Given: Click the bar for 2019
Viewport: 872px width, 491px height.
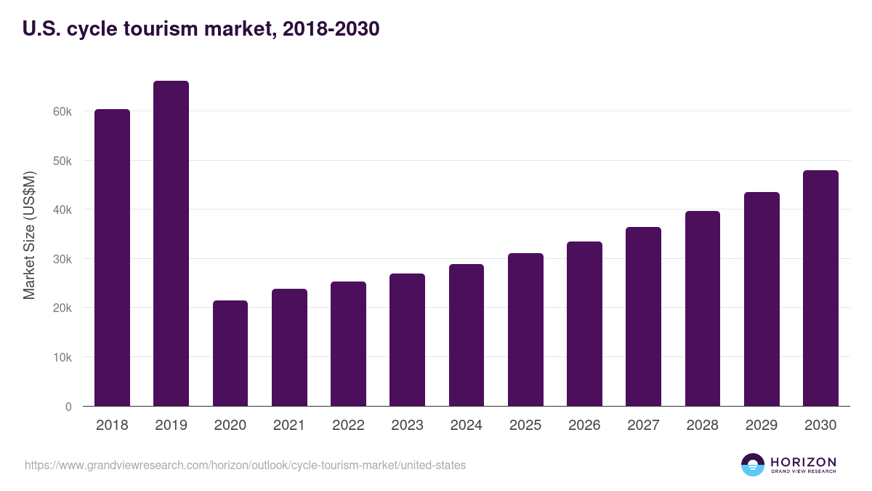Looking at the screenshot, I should coord(171,244).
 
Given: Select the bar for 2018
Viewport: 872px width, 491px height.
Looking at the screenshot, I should coord(112,258).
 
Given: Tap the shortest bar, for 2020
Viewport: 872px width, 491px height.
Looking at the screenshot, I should coord(230,354).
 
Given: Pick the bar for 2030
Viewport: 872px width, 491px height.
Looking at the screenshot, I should coord(820,288).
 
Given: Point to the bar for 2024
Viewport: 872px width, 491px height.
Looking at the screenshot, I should coord(467,335).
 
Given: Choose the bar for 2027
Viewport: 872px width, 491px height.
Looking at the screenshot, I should coord(643,316).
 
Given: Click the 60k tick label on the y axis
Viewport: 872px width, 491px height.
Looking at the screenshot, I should coord(62,111).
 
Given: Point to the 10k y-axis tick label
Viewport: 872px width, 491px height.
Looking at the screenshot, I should coord(62,357).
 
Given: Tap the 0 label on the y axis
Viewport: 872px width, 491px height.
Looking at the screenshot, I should coord(68,407).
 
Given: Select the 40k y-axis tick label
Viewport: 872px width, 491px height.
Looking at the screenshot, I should coord(62,209).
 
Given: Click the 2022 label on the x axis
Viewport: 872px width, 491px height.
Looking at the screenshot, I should coord(348,426).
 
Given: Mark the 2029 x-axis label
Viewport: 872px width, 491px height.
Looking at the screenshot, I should coord(761,426).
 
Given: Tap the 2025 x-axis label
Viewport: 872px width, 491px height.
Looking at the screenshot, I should coord(525,426).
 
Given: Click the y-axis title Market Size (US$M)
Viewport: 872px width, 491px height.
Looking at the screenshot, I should coord(29,235).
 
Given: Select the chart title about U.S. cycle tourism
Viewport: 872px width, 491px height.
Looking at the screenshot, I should coord(201,29).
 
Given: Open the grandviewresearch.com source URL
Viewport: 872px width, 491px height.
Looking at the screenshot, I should coord(245,465).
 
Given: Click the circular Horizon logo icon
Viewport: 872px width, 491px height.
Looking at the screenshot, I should coord(752,465).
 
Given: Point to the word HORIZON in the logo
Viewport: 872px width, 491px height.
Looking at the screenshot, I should coord(803,461).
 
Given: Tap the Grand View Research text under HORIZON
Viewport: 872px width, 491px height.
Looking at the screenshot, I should coord(803,471).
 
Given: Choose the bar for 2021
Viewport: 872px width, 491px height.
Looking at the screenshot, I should coord(289,348).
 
